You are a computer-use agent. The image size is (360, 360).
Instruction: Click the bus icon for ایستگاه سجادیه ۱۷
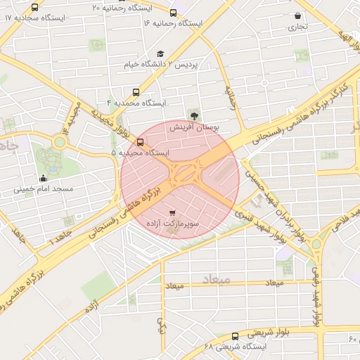(x=35, y=7)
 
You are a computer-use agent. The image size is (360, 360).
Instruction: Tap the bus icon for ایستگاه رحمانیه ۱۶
(x=174, y=13)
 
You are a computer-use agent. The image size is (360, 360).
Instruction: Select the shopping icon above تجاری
(x=298, y=15)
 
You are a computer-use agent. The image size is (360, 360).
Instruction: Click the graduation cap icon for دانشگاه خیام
(x=160, y=54)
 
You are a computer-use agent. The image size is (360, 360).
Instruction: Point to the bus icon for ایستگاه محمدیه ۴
(x=136, y=91)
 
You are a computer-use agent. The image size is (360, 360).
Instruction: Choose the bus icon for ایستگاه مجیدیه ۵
(x=140, y=141)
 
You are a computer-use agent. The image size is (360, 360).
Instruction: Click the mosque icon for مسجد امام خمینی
(x=44, y=177)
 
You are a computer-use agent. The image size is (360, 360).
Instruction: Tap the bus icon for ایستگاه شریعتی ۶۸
(x=235, y=335)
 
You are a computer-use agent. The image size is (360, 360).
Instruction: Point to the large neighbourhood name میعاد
(x=216, y=279)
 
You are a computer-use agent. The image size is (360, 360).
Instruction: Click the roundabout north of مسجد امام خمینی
(x=59, y=141)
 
